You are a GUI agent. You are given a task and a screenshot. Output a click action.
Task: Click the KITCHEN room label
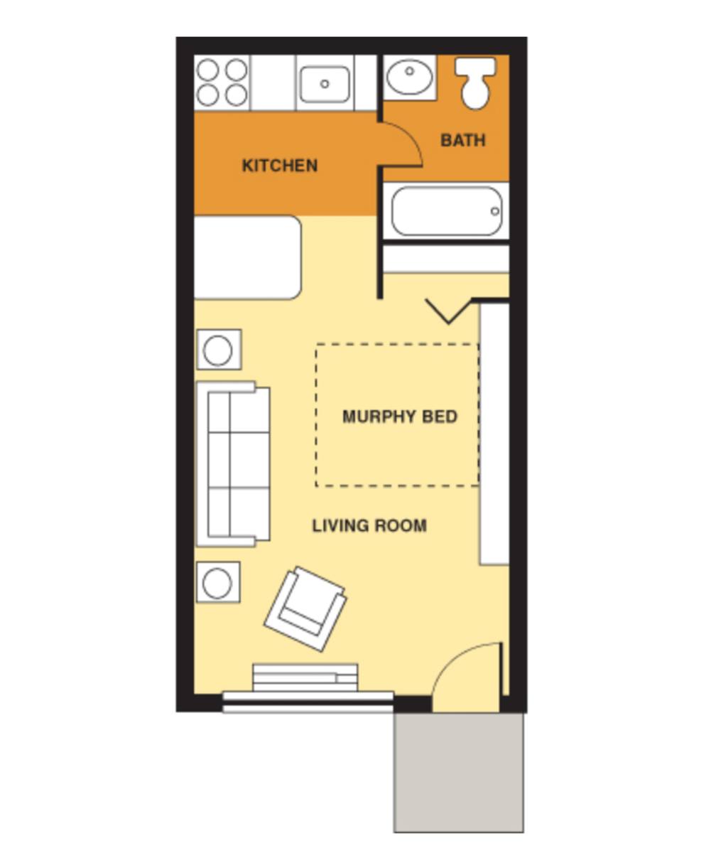[x=280, y=166]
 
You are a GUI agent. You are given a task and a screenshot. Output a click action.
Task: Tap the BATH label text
[x=463, y=141]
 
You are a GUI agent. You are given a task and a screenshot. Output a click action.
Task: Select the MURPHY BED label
[x=400, y=417]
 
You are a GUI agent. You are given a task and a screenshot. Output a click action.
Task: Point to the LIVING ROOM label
[x=369, y=526]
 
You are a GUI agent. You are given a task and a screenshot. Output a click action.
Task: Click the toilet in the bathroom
[x=475, y=83]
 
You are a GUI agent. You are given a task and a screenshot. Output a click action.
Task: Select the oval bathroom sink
[x=409, y=76]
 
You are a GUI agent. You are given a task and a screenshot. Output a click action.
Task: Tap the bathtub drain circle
[x=494, y=211]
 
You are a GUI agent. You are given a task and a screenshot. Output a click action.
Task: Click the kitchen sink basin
[x=325, y=85]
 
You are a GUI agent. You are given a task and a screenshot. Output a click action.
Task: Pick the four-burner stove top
[x=222, y=82]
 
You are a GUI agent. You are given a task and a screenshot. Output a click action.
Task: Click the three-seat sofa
[x=233, y=464]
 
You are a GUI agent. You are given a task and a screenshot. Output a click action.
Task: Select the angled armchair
[x=305, y=608]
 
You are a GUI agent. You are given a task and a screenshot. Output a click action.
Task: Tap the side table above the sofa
[x=219, y=350]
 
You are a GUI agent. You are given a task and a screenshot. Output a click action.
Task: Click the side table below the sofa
[x=218, y=581]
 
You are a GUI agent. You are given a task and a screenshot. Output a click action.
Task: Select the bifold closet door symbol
[x=449, y=311]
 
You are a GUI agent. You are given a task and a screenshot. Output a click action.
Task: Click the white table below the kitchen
[x=248, y=257]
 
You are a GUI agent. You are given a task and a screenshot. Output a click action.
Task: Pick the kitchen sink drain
[x=325, y=84]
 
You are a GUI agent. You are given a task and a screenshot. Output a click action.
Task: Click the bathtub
[x=447, y=211]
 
